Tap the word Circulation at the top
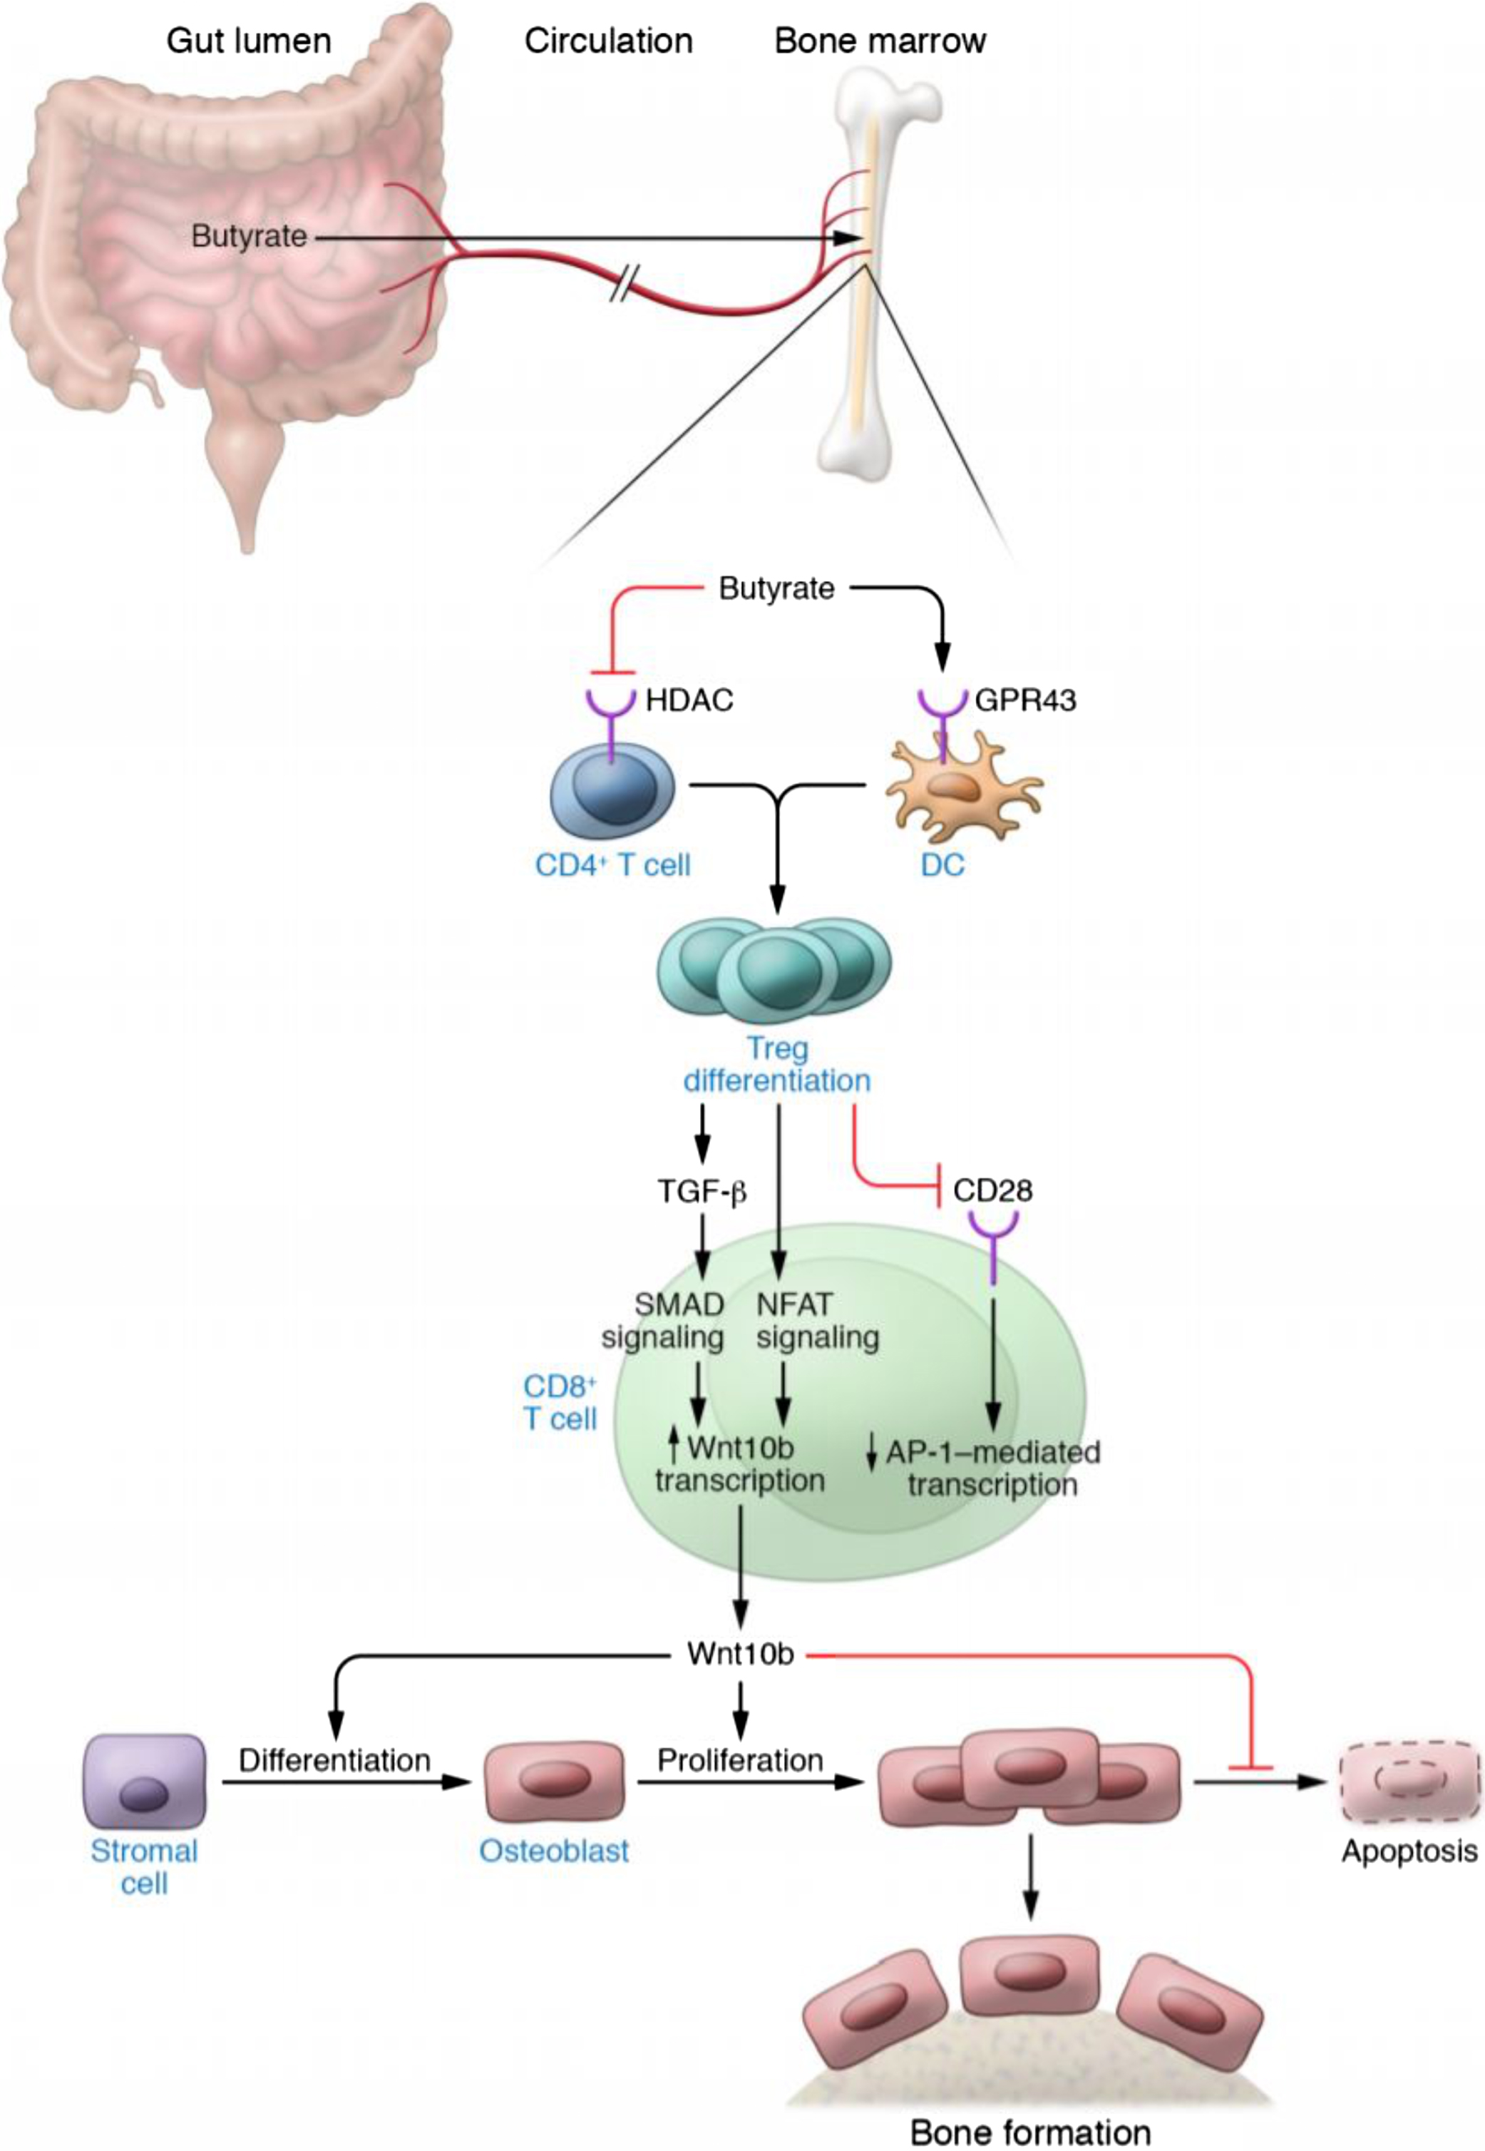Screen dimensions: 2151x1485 [x=609, y=42]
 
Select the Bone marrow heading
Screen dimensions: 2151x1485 [x=880, y=42]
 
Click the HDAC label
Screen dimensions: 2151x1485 [x=689, y=700]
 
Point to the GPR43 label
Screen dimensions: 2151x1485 [x=1025, y=700]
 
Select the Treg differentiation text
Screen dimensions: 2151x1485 [x=777, y=1065]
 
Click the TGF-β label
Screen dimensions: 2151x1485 [x=702, y=1191]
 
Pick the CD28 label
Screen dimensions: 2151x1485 [x=993, y=1190]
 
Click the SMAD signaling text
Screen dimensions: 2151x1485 [x=664, y=1321]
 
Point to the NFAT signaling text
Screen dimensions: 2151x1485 [x=817, y=1321]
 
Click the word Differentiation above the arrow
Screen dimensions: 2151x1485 [x=335, y=1760]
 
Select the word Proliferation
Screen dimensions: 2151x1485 [x=741, y=1760]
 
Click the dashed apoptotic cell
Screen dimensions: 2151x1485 [x=1409, y=1782]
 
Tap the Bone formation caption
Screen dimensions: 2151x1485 [x=1030, y=2132]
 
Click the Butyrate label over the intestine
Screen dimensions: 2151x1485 [x=248, y=236]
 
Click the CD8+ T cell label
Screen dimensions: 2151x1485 [x=560, y=1401]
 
